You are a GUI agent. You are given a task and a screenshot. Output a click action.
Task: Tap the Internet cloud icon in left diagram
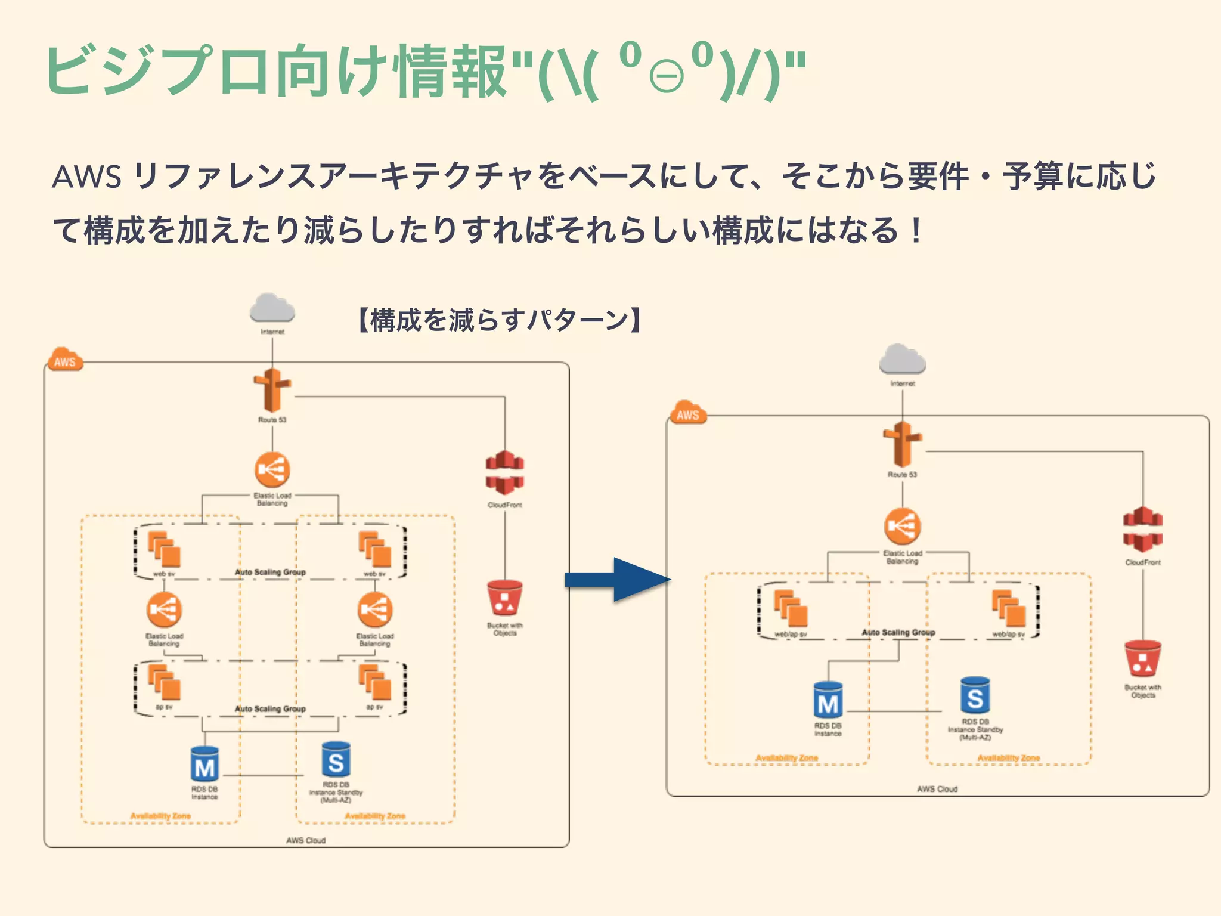[272, 309]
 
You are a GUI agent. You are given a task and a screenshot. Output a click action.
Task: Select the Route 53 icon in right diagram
[902, 444]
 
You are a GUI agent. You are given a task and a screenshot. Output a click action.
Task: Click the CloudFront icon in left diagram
[504, 474]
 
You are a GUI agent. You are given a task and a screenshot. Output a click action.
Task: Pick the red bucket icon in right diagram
[1142, 660]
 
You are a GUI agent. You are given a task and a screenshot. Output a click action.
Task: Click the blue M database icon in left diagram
[204, 765]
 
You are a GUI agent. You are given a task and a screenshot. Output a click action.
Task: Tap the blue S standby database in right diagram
[975, 695]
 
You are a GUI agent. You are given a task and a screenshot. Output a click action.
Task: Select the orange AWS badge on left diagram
[64, 360]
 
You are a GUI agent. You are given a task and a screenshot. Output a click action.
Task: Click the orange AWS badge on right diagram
[687, 413]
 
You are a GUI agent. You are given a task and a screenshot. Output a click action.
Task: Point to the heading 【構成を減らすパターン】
[500, 320]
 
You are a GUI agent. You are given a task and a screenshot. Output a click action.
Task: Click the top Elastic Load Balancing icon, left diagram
[272, 470]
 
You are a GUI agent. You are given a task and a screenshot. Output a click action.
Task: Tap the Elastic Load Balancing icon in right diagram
[902, 526]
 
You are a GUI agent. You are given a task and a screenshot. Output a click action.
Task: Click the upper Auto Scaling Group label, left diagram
[270, 572]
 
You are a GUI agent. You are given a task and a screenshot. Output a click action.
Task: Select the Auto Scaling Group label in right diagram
[898, 632]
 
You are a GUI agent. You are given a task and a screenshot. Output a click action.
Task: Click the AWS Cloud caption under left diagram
[306, 840]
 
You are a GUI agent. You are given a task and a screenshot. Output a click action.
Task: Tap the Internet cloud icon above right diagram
[902, 360]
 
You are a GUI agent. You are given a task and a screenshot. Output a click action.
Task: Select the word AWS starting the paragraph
[87, 177]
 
